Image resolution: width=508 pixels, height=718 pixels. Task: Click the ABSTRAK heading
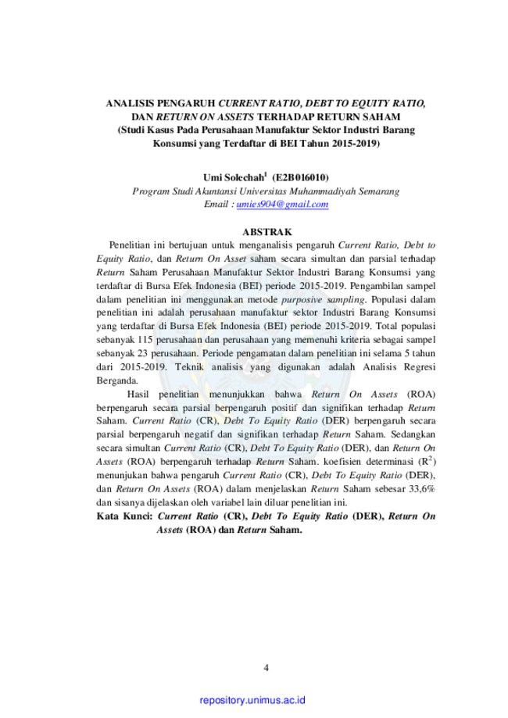(x=267, y=232)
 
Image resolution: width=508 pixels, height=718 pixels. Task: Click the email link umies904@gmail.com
(x=282, y=204)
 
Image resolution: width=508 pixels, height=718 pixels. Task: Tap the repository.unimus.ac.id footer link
(x=252, y=700)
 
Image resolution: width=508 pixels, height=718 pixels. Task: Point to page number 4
(x=267, y=668)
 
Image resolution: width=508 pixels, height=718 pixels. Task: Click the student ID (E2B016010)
(x=300, y=177)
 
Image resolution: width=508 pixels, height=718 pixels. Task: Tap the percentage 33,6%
(x=422, y=488)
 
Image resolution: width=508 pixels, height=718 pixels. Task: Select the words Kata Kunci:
(x=124, y=516)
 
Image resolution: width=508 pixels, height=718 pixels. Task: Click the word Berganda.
(x=117, y=380)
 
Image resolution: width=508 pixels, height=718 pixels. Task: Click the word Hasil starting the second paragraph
(x=138, y=395)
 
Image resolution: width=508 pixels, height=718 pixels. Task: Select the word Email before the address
(x=216, y=204)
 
